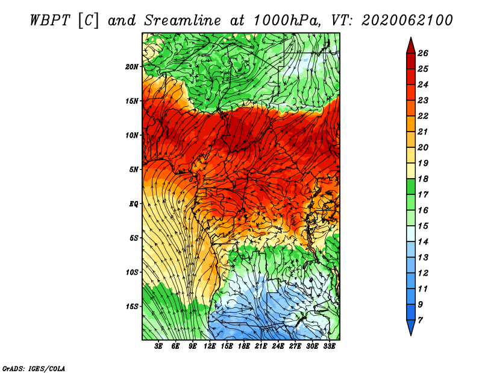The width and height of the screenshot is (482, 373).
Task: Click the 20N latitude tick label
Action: [x=131, y=67]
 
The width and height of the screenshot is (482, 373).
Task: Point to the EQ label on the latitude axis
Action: [x=133, y=204]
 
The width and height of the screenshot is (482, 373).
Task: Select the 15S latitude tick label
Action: [x=131, y=307]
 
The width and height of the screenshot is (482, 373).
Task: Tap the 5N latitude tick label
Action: [x=133, y=170]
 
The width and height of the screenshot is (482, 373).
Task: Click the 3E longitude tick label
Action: [x=158, y=346]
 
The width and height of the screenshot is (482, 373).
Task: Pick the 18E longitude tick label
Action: [x=244, y=346]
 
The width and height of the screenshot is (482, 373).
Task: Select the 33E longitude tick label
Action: [x=329, y=346]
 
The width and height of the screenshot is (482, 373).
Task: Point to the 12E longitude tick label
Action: [x=210, y=346]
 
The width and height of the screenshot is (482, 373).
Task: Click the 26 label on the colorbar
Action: [x=423, y=53]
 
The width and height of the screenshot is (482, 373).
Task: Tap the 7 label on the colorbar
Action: [x=420, y=320]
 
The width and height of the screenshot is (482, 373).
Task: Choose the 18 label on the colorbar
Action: [x=423, y=179]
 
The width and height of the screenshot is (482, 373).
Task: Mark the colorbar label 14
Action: [x=423, y=242]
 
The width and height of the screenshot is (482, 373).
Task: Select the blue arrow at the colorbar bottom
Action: [x=411, y=327]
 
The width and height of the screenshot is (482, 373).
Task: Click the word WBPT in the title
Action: [x=50, y=21]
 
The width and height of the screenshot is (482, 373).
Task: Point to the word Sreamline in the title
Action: [x=183, y=21]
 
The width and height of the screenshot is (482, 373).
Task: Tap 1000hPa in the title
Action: [x=287, y=21]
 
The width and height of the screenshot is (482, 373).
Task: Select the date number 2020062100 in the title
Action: [x=407, y=21]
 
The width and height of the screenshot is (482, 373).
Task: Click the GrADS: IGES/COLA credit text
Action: [x=34, y=369]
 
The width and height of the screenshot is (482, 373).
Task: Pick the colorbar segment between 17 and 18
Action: [x=411, y=186]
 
